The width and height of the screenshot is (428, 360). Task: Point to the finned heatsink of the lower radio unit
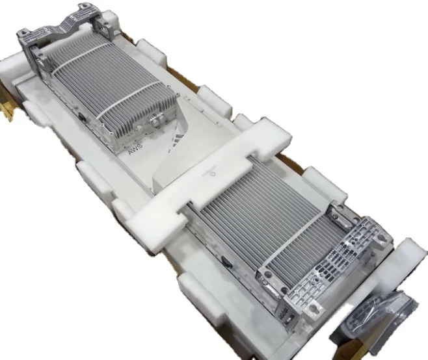[260, 221]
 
